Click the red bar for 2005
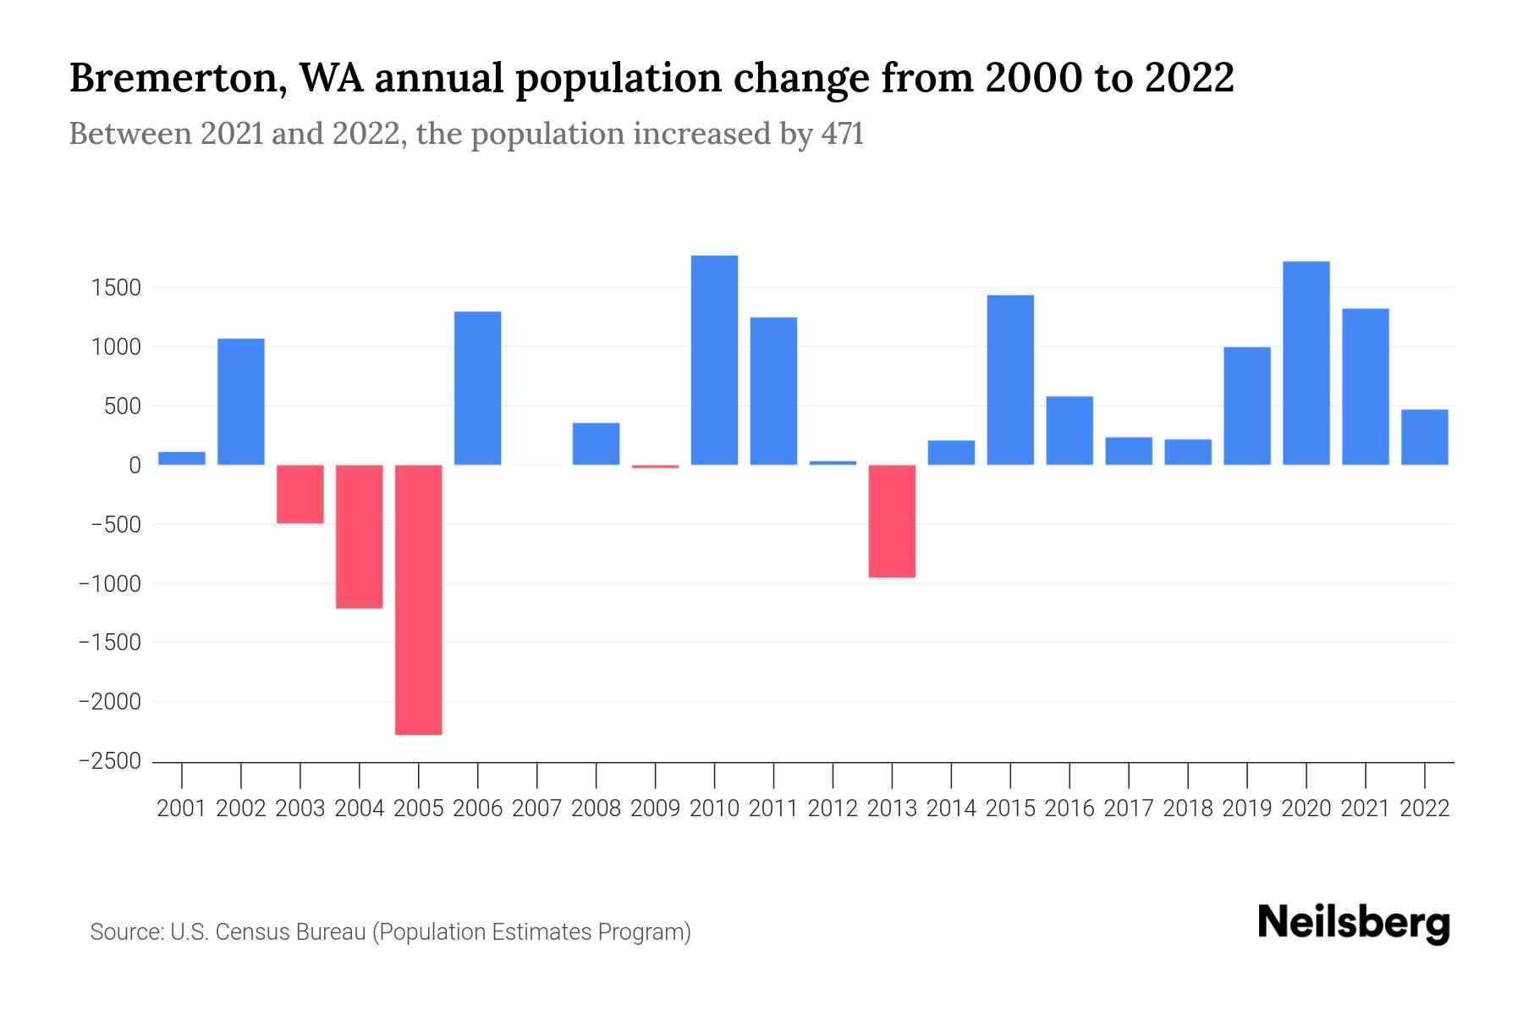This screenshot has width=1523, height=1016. tap(419, 599)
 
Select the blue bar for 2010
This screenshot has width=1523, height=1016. tap(714, 360)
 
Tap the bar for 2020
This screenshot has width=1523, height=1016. tap(1306, 363)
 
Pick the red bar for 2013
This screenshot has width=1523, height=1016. tap(892, 521)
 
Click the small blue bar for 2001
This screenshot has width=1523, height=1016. tap(182, 458)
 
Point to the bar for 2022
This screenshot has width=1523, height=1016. tap(1424, 437)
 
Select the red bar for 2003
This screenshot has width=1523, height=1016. tap(300, 494)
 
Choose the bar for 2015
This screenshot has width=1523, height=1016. tap(1010, 379)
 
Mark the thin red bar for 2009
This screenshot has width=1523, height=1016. tap(655, 467)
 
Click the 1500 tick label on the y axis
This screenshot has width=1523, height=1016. tap(116, 288)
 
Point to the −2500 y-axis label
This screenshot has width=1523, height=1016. tap(110, 761)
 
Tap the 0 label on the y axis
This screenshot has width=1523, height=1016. tap(135, 466)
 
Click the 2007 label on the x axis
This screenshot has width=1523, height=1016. tap(536, 809)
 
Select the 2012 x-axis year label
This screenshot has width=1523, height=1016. tap(833, 809)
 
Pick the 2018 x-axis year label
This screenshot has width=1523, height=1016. tap(1187, 809)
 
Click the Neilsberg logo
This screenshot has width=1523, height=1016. tap(1354, 923)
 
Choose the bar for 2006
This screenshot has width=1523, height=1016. tap(478, 388)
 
